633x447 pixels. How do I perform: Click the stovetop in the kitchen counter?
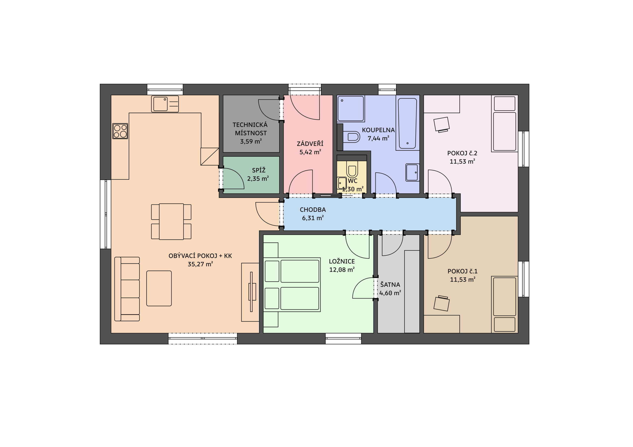[120, 131]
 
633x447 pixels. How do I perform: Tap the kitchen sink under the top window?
[165, 104]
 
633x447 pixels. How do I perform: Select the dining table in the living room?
[171, 222]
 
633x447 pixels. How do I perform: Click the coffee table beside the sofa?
[159, 288]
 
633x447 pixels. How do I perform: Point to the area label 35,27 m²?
[200, 264]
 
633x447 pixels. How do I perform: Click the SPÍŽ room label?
[259, 170]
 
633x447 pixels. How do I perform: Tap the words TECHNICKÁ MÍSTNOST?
[250, 129]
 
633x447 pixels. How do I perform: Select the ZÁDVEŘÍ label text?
[310, 143]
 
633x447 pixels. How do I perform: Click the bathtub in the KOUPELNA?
[407, 123]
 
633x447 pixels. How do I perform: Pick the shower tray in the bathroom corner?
[351, 108]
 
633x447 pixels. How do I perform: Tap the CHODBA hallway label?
[313, 210]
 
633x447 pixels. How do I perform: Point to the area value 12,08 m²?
[342, 270]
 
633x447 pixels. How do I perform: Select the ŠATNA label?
[390, 284]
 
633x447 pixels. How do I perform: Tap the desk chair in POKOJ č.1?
[442, 303]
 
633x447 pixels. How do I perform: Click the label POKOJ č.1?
[463, 271]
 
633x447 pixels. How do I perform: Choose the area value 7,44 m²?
[378, 138]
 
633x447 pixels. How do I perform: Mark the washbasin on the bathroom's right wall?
[412, 172]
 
